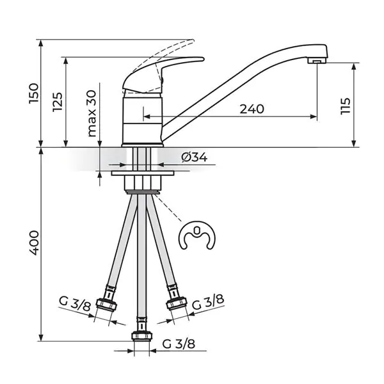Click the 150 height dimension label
pos(33,93)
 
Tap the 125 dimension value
pos(58,102)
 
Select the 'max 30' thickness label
pos(92,113)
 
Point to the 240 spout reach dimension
pos(252,109)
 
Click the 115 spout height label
pos(346,106)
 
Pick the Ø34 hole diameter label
pos(194,157)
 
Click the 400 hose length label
pos(33,243)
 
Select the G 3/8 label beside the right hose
pos(208,302)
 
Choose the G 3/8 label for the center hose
pos(179,344)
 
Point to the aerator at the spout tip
pos(317,61)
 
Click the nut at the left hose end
pos(106,305)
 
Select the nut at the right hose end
pos(177,304)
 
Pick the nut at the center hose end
pos(142,335)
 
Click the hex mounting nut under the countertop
pos(143,182)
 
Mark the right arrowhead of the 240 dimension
pos(314,116)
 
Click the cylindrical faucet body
pos(143,120)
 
